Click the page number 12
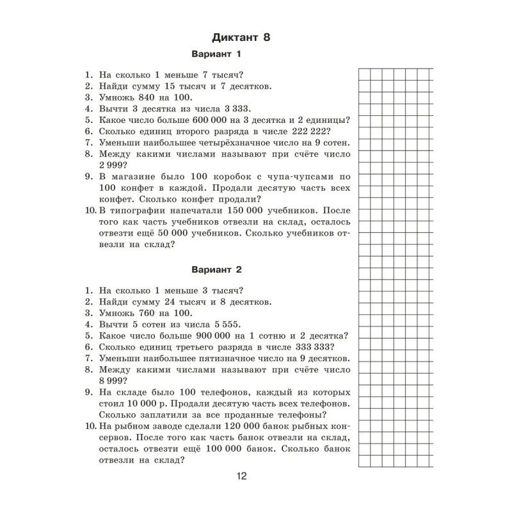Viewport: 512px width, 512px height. pyautogui.click(x=241, y=476)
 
